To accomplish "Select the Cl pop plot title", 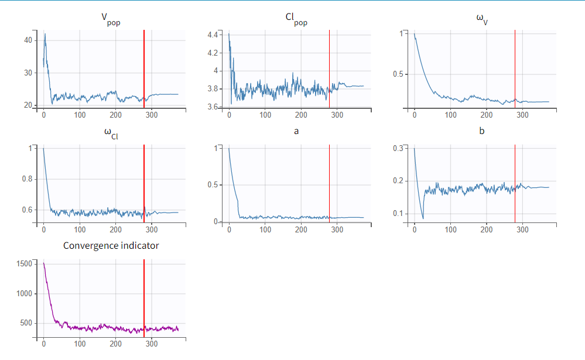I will [296, 19].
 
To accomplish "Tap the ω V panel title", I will [482, 19].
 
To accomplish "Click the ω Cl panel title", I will [111, 133].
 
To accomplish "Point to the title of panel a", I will [296, 131].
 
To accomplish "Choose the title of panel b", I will [482, 131].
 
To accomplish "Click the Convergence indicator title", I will [111, 245].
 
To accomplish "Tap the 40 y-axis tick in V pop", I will [28, 40].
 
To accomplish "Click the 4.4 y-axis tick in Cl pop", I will [212, 35].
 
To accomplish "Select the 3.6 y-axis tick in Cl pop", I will [212, 107].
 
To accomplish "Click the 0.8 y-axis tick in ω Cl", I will [26, 179].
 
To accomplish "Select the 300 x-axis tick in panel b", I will [523, 230].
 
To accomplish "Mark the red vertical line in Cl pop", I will [329, 64].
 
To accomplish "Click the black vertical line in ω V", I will [515, 64].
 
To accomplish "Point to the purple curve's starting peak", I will [44, 263].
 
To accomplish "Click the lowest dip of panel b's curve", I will [423, 218].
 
